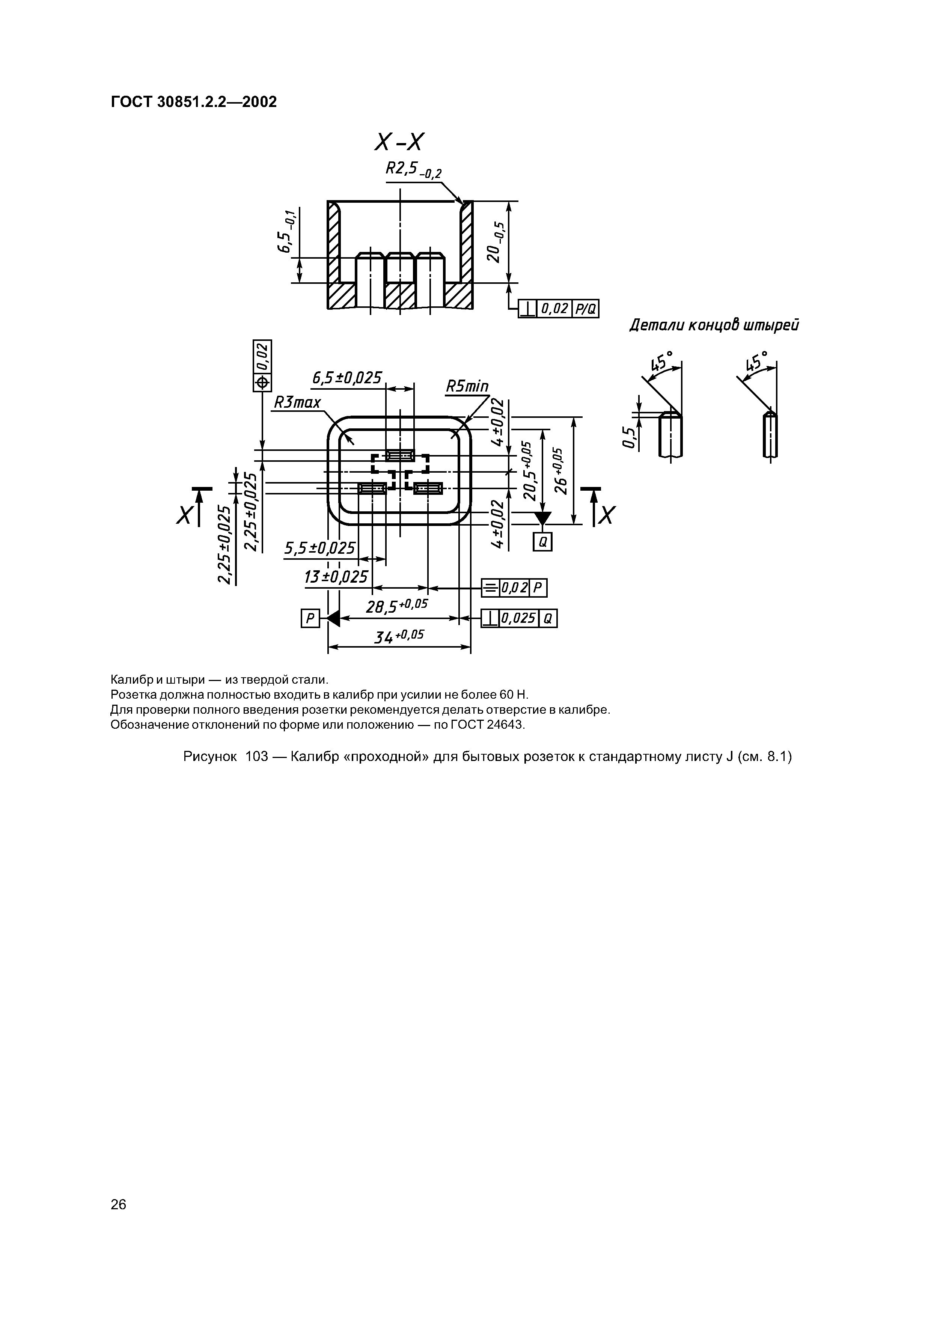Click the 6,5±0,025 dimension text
point(346,378)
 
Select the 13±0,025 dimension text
point(336,577)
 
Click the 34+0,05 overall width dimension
point(399,636)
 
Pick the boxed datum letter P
point(310,618)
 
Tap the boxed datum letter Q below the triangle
point(542,542)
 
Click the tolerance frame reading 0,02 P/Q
point(558,309)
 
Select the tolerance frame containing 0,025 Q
point(519,618)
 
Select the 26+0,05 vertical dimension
point(559,470)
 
